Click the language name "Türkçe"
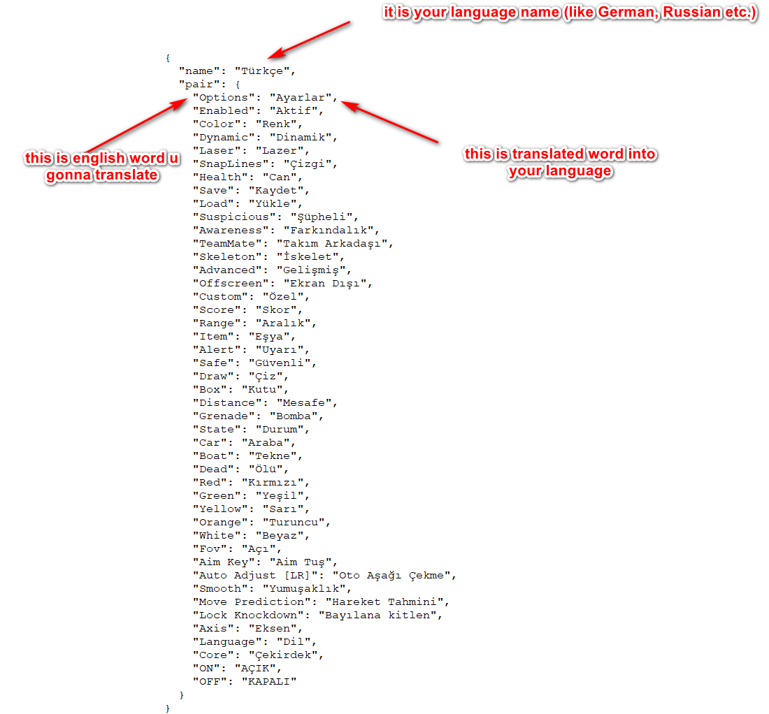[x=262, y=71]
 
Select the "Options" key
[x=224, y=98]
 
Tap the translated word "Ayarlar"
[x=300, y=98]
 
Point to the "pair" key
[x=199, y=85]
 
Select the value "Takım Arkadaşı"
[x=331, y=244]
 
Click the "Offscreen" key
[x=231, y=283]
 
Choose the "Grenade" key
[x=227, y=416]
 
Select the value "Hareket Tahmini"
[x=384, y=602]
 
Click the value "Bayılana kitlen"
[x=377, y=615]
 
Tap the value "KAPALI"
[x=268, y=682]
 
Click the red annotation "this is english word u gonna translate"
[x=102, y=166]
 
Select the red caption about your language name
[x=570, y=13]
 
